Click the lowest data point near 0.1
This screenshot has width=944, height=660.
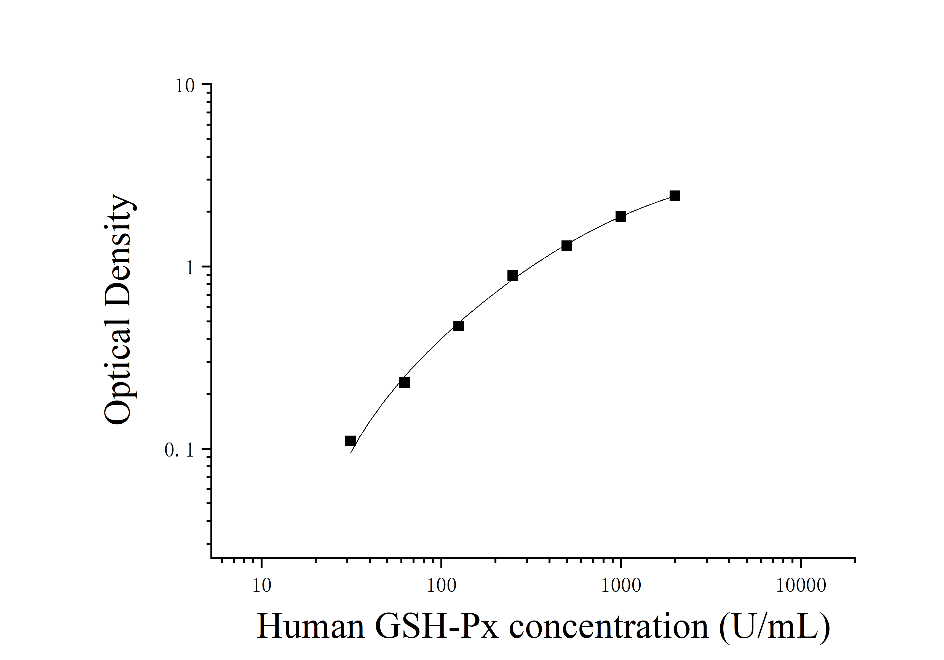(x=350, y=441)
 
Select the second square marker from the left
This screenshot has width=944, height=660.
(x=405, y=383)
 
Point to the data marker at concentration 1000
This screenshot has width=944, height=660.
(x=621, y=216)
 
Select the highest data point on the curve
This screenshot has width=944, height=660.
(x=675, y=195)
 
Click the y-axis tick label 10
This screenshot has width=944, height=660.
(x=185, y=86)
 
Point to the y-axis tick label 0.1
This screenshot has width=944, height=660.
(x=179, y=450)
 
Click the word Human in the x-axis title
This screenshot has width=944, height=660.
(x=311, y=626)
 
